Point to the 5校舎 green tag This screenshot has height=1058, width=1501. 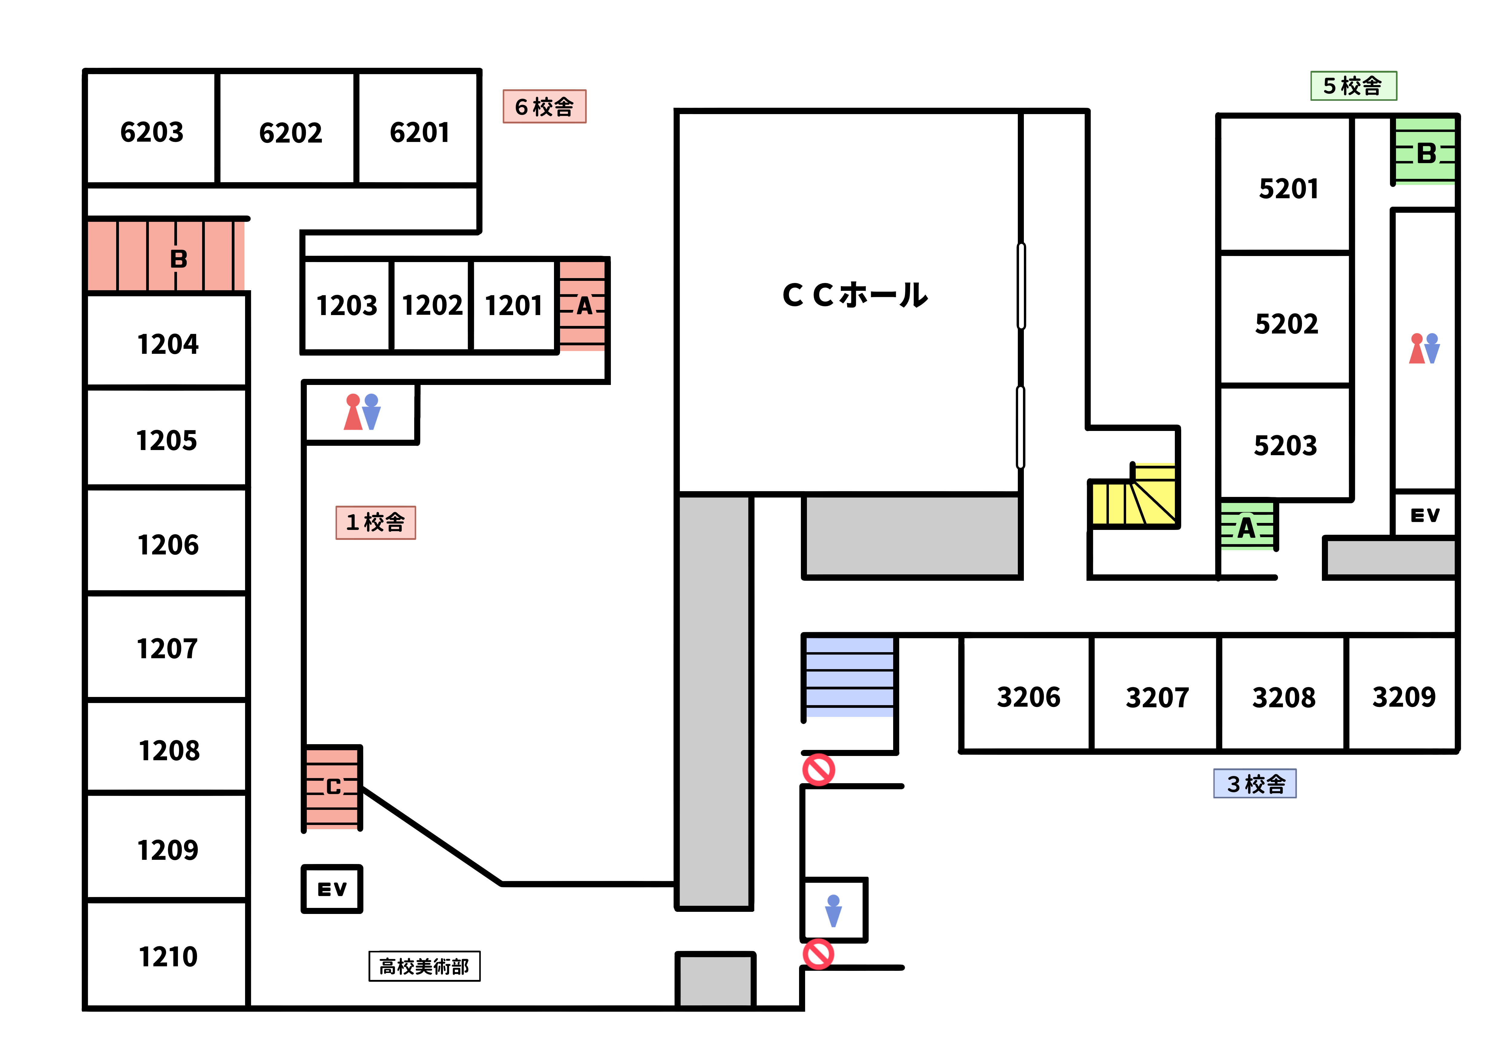(1353, 86)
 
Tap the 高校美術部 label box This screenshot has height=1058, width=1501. (424, 966)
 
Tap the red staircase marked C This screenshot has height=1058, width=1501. (333, 787)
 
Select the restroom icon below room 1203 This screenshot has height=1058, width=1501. (362, 412)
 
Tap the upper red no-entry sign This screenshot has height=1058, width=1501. (818, 770)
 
